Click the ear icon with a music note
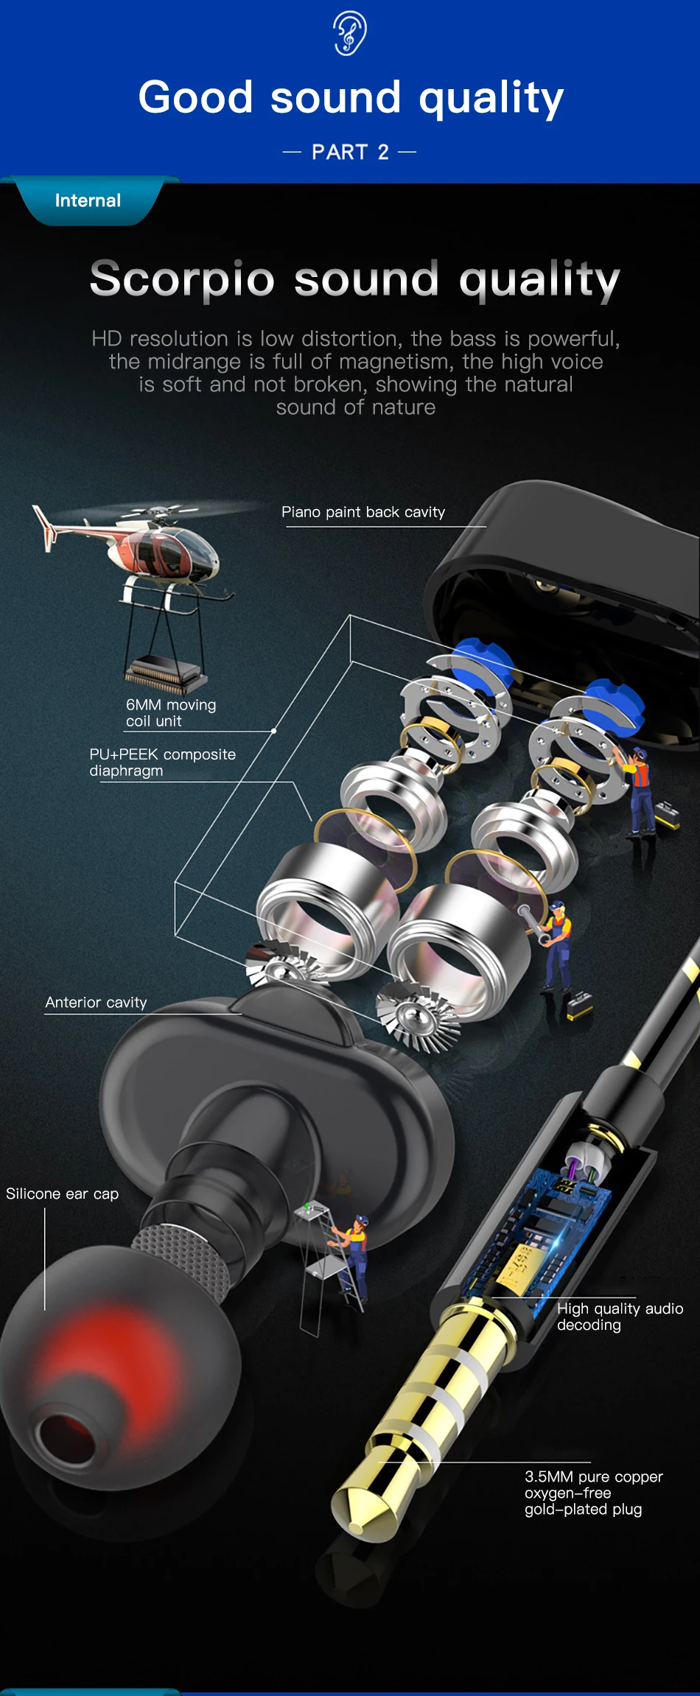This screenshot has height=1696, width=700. pos(350,34)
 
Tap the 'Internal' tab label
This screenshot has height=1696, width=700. pos(88,200)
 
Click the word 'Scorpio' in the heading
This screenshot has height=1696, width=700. pos(182,279)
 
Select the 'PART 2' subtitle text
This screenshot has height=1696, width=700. pos(350,153)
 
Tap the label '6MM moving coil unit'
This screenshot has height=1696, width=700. pos(170,712)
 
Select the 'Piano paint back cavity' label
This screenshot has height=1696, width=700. pos(363,512)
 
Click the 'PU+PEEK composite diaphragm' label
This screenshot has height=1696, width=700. pos(162,763)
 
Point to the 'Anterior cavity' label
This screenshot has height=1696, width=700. pos(96,1003)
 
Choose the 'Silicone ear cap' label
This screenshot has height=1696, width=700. pos(62,1194)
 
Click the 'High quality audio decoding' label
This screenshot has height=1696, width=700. pos(619,1317)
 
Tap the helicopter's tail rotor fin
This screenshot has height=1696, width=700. pos(44,527)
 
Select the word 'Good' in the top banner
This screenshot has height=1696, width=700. pos(195,98)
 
